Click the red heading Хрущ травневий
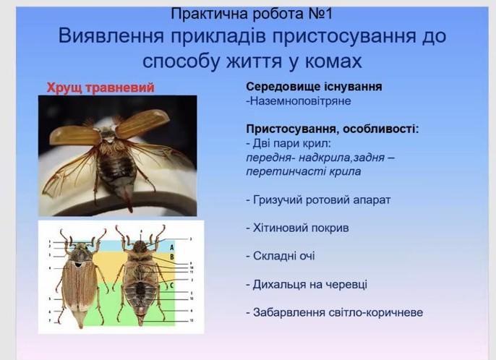click(101, 87)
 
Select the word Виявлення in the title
click(111, 36)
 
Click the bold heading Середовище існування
click(314, 86)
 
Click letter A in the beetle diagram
click(172, 247)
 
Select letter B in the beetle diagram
click(172, 257)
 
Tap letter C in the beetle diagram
click(172, 286)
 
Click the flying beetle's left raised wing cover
click(74, 135)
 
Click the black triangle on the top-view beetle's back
click(77, 263)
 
